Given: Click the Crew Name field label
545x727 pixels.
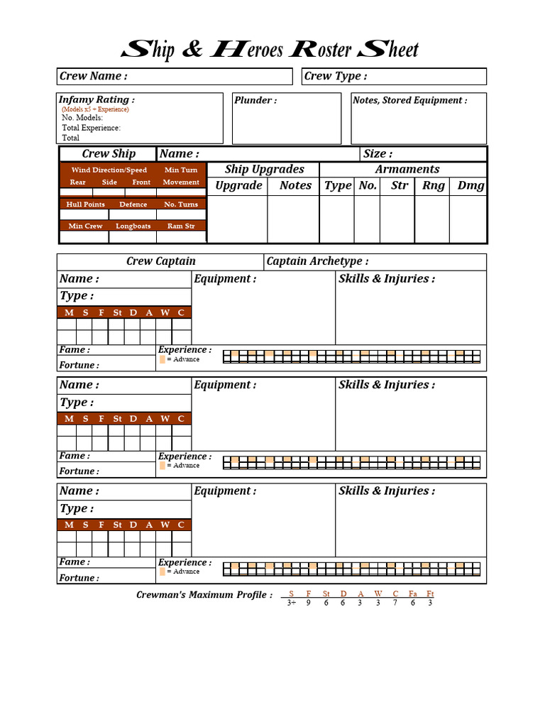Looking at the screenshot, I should click(93, 76).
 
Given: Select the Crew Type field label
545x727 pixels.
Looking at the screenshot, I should click(336, 76).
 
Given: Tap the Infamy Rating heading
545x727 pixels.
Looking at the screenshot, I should click(96, 99).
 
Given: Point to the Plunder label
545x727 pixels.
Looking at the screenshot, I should click(255, 100).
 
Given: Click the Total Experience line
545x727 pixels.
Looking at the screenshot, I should click(91, 128).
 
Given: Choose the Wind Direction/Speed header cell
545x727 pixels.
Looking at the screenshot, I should click(109, 170).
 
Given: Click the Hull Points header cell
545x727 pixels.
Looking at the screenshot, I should click(85, 204).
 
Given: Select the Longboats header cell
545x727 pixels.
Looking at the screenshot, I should click(133, 226).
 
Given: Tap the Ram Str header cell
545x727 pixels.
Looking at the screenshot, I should click(181, 226).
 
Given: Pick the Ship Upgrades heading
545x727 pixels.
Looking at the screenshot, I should click(264, 169).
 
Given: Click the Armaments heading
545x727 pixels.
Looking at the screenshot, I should click(407, 169).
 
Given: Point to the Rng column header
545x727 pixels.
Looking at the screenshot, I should click(433, 185).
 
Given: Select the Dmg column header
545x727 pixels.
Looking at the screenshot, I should click(470, 185).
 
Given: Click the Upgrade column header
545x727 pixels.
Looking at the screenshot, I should click(238, 185).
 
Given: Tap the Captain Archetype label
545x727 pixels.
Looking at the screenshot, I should click(317, 261).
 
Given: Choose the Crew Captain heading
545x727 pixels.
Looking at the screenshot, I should click(161, 261).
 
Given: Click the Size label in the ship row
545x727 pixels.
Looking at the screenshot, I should click(378, 153).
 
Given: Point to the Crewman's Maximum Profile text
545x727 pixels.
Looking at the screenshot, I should click(204, 594).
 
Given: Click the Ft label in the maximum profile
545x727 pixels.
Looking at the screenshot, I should click(430, 594).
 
